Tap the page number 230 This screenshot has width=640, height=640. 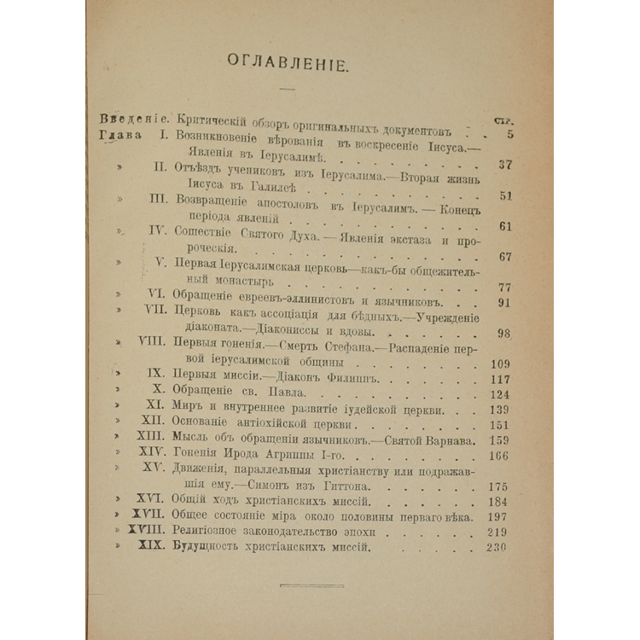point(494,547)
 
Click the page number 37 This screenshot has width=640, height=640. point(503,165)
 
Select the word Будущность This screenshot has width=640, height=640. point(210,547)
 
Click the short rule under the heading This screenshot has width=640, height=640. point(286,90)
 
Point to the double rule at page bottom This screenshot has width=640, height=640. point(311,585)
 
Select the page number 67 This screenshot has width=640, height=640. point(503,256)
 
